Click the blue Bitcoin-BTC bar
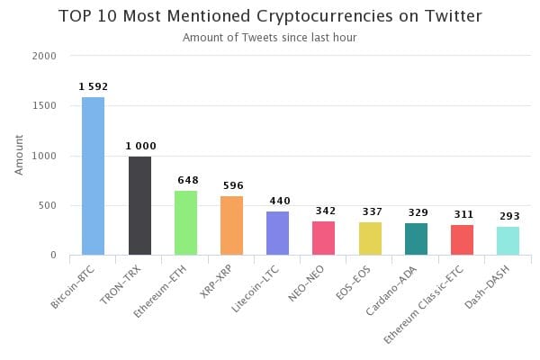[94, 175]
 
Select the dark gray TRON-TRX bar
[139, 205]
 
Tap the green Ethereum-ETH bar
[185, 222]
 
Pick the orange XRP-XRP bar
[231, 225]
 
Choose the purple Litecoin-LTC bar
[277, 233]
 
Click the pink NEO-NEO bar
[323, 238]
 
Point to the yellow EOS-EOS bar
[370, 238]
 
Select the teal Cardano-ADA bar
[416, 238]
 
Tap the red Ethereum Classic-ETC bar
[462, 239]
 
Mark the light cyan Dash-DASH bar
[508, 240]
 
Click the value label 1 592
[94, 87]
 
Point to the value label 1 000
[139, 146]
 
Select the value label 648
[185, 181]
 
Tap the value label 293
[508, 217]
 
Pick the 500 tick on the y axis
[49, 206]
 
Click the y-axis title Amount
[20, 155]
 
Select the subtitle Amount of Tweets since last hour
[269, 38]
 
